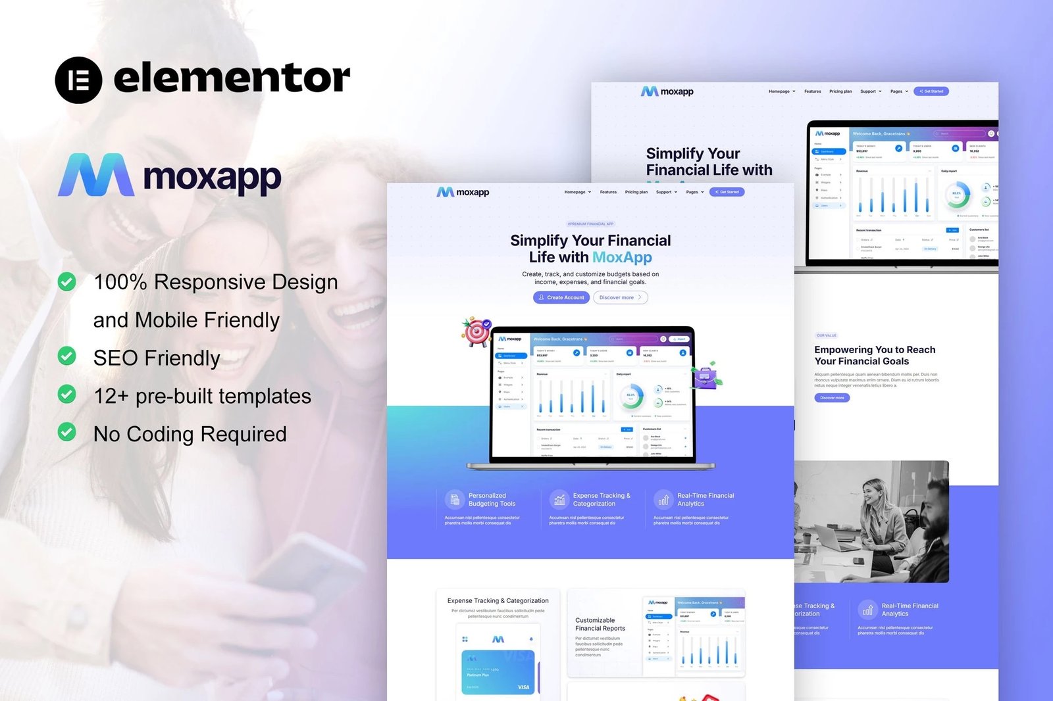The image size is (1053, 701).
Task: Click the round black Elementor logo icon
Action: click(x=78, y=80)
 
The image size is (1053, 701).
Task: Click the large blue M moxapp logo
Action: click(x=96, y=175)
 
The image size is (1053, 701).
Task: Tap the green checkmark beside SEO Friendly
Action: click(x=66, y=356)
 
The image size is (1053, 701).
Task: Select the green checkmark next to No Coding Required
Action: click(x=66, y=432)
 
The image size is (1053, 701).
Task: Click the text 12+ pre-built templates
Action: click(x=202, y=396)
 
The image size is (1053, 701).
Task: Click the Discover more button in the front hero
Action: click(x=620, y=298)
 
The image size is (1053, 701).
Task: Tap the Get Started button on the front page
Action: click(x=727, y=192)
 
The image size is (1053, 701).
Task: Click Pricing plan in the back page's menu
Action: click(x=840, y=91)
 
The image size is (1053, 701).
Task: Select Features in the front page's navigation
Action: click(x=608, y=192)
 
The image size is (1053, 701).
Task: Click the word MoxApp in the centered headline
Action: click(x=622, y=258)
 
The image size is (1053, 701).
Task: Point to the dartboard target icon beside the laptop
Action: click(x=477, y=332)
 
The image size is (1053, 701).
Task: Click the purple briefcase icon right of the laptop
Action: click(x=706, y=377)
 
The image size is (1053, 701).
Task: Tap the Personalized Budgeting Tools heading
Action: click(x=492, y=500)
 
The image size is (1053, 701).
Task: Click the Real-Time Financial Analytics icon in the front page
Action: click(x=663, y=500)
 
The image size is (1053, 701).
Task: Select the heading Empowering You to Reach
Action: click(x=874, y=350)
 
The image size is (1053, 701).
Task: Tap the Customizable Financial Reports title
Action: click(x=600, y=624)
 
